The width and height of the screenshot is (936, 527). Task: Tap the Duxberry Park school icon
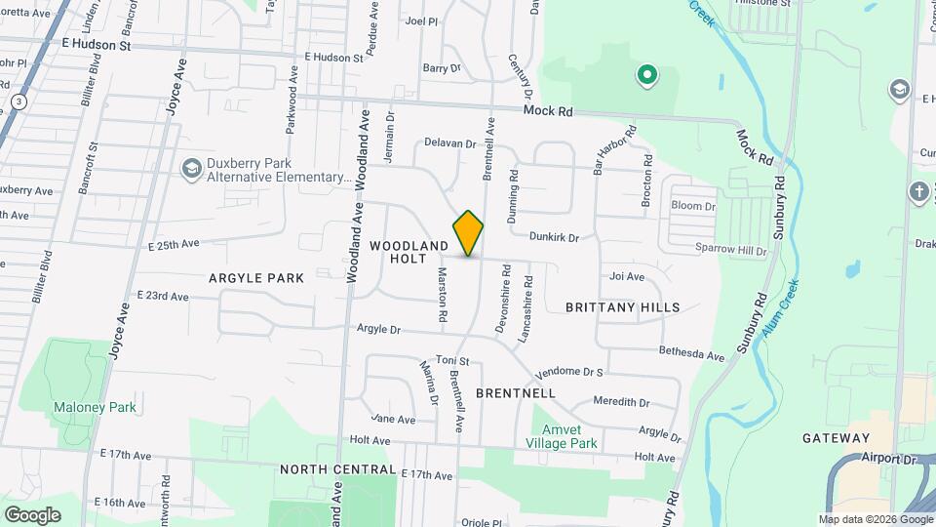(x=191, y=170)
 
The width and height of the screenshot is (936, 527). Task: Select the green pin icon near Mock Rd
(x=645, y=74)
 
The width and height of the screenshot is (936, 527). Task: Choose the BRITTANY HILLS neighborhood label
(x=623, y=307)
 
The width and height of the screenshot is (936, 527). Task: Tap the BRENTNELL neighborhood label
(x=516, y=393)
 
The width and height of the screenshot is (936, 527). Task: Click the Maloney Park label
(x=95, y=407)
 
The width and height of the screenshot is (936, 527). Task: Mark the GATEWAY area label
(x=836, y=438)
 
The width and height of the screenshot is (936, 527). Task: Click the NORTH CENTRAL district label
(x=338, y=469)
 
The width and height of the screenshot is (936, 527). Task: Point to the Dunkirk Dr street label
(x=555, y=237)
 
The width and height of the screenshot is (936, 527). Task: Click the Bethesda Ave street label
(x=692, y=353)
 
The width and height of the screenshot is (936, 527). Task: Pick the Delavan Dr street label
(x=449, y=143)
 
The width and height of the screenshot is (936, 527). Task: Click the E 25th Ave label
(x=175, y=243)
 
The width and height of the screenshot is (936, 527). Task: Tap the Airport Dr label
(x=890, y=458)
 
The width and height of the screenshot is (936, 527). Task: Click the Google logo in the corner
(x=32, y=514)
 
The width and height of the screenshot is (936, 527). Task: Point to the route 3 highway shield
(x=19, y=101)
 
